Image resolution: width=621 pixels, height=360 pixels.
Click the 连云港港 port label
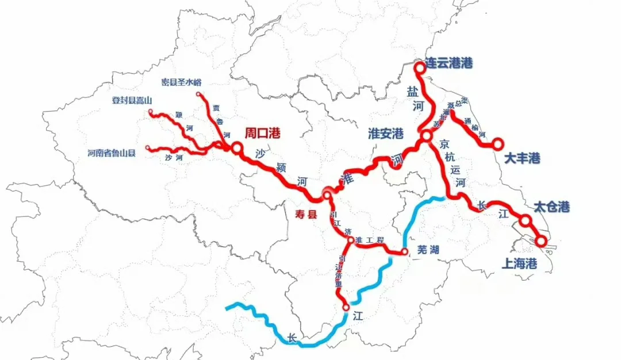[449, 63]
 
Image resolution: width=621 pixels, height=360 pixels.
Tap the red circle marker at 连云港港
[420, 68]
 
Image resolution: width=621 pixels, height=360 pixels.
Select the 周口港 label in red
[262, 133]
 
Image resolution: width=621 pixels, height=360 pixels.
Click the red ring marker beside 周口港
[237, 148]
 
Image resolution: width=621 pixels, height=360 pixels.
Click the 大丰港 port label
[522, 159]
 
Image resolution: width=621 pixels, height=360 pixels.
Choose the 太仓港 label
[551, 206]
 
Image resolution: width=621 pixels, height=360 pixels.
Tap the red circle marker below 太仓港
[525, 220]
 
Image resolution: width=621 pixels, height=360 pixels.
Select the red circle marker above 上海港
[540, 242]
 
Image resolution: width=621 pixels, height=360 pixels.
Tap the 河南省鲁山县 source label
[111, 154]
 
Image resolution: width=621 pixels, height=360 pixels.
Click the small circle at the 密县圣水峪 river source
[198, 94]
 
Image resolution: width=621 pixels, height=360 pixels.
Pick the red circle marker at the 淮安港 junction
[426, 136]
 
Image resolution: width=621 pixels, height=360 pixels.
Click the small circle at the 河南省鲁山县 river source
[148, 148]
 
